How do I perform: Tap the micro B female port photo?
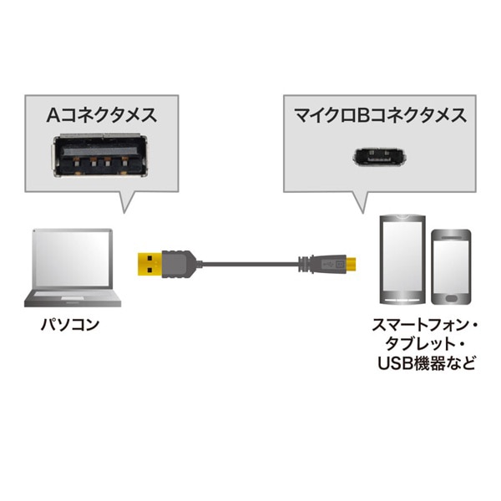374,156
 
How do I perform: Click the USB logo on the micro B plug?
331,263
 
